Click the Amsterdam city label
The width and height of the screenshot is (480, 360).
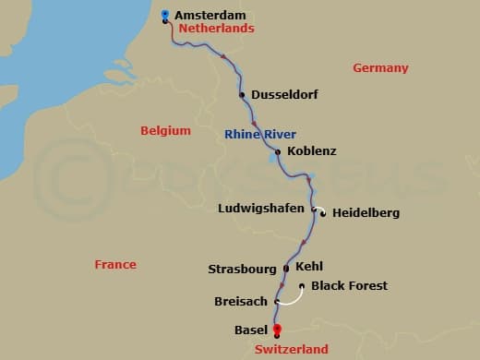[x=208, y=16]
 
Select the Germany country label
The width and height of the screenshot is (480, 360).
[x=379, y=68]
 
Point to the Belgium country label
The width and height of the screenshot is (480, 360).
[x=165, y=131]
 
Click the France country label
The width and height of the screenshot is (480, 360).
[x=115, y=265]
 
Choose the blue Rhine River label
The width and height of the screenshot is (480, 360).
[x=259, y=135]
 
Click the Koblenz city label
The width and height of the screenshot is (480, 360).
[x=311, y=150]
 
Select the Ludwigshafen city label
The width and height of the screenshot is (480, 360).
[x=260, y=209]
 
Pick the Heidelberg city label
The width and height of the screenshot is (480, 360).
[x=366, y=213]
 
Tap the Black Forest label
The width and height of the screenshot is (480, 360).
[x=349, y=286]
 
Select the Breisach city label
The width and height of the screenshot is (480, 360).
[x=240, y=302]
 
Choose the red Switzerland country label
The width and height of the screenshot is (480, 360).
[x=291, y=350]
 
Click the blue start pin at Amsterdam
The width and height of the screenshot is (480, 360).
[x=164, y=14]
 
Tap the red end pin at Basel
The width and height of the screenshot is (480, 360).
[x=277, y=330]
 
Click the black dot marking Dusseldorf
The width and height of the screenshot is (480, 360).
[x=242, y=94]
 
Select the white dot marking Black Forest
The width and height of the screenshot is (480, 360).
[x=303, y=286]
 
